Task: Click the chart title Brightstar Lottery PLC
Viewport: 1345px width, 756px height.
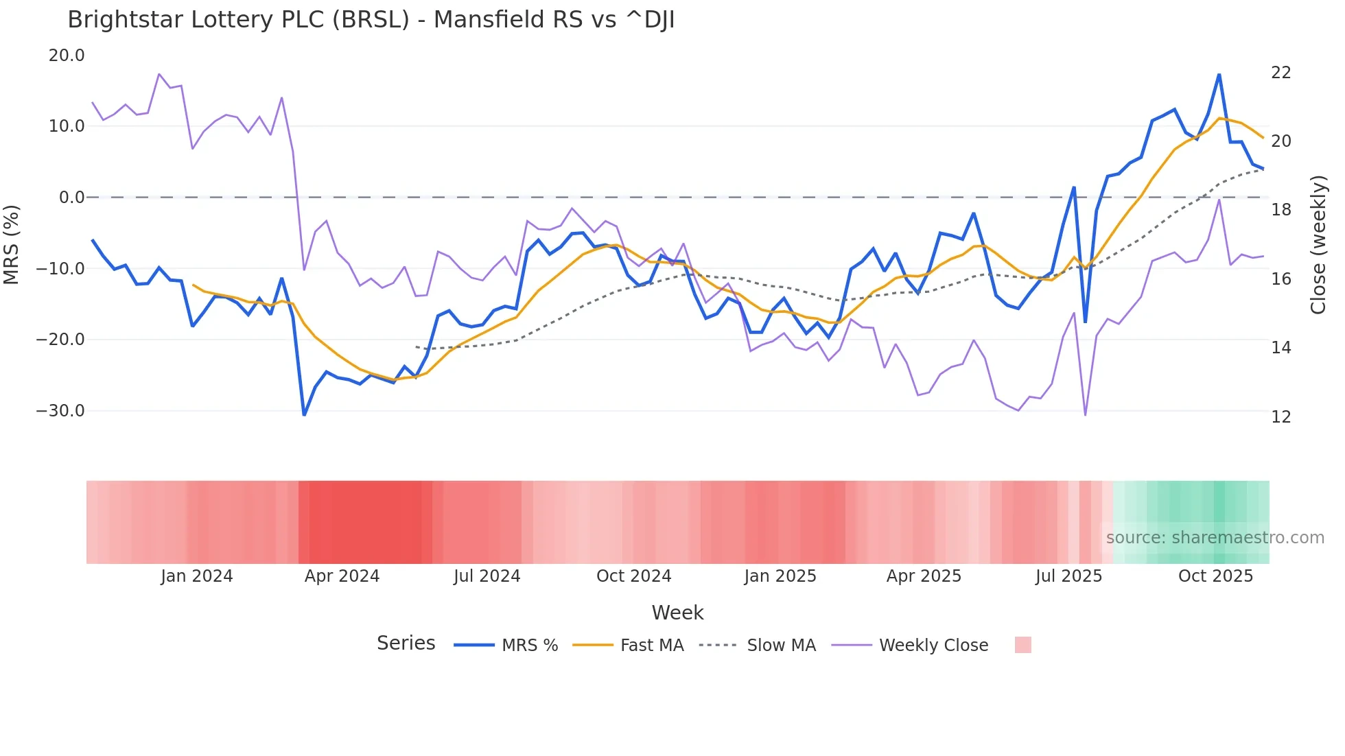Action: [371, 20]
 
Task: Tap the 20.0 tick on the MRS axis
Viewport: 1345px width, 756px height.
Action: [67, 56]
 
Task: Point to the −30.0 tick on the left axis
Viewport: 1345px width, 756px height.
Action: [60, 411]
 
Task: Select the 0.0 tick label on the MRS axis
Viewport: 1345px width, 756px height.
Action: [71, 198]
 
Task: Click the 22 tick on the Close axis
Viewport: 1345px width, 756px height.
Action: [1280, 73]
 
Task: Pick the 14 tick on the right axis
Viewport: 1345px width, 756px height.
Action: [1280, 348]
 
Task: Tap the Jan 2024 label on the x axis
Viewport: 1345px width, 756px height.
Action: [197, 576]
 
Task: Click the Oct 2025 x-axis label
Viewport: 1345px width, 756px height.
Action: [1215, 576]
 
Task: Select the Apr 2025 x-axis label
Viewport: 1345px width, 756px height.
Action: [924, 576]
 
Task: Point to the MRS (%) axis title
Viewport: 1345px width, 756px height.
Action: [12, 244]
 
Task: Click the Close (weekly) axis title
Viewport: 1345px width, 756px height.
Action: [1318, 244]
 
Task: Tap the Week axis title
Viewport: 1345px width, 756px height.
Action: [677, 613]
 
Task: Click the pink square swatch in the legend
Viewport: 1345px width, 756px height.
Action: [1022, 645]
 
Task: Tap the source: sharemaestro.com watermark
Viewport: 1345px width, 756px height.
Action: [1215, 538]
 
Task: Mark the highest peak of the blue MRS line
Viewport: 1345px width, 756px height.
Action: [1219, 74]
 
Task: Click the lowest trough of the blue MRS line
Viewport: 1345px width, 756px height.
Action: [304, 414]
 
